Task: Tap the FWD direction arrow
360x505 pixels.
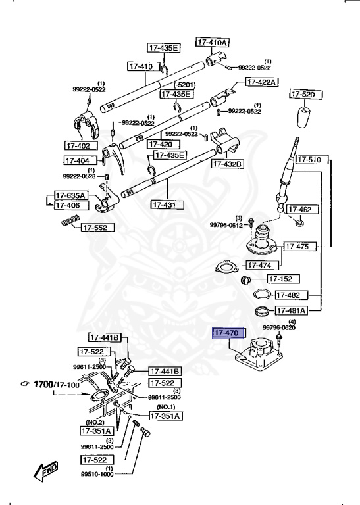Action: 46,471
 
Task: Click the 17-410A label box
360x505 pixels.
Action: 212,42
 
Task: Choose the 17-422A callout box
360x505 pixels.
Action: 262,82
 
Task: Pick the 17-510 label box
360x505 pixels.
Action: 308,160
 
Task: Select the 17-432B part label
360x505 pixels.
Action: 227,164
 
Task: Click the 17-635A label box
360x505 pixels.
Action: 70,195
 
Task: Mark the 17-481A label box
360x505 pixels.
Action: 291,310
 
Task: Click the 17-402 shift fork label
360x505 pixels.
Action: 81,145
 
